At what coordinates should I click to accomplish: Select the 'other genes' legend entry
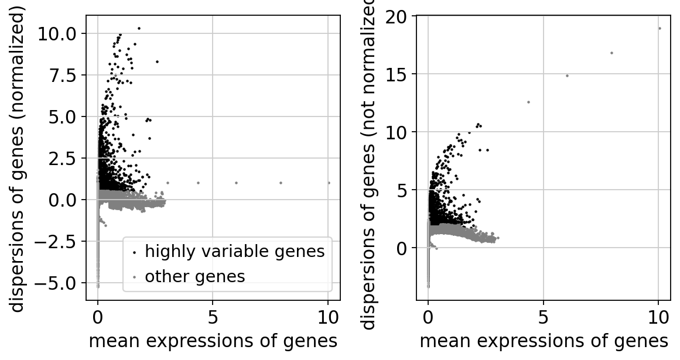tap(194, 276)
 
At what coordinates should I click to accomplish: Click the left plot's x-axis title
tap(213, 341)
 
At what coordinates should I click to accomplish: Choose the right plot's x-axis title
tap(544, 341)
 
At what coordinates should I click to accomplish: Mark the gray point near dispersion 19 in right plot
tap(660, 28)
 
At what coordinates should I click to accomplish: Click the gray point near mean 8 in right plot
tap(611, 53)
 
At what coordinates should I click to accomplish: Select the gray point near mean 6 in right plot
tap(567, 76)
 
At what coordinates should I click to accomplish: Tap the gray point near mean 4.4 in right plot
tap(528, 102)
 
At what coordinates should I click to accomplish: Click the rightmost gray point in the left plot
tap(329, 183)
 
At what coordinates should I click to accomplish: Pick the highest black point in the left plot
tap(139, 28)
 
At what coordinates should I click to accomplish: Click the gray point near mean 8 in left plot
tap(281, 183)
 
